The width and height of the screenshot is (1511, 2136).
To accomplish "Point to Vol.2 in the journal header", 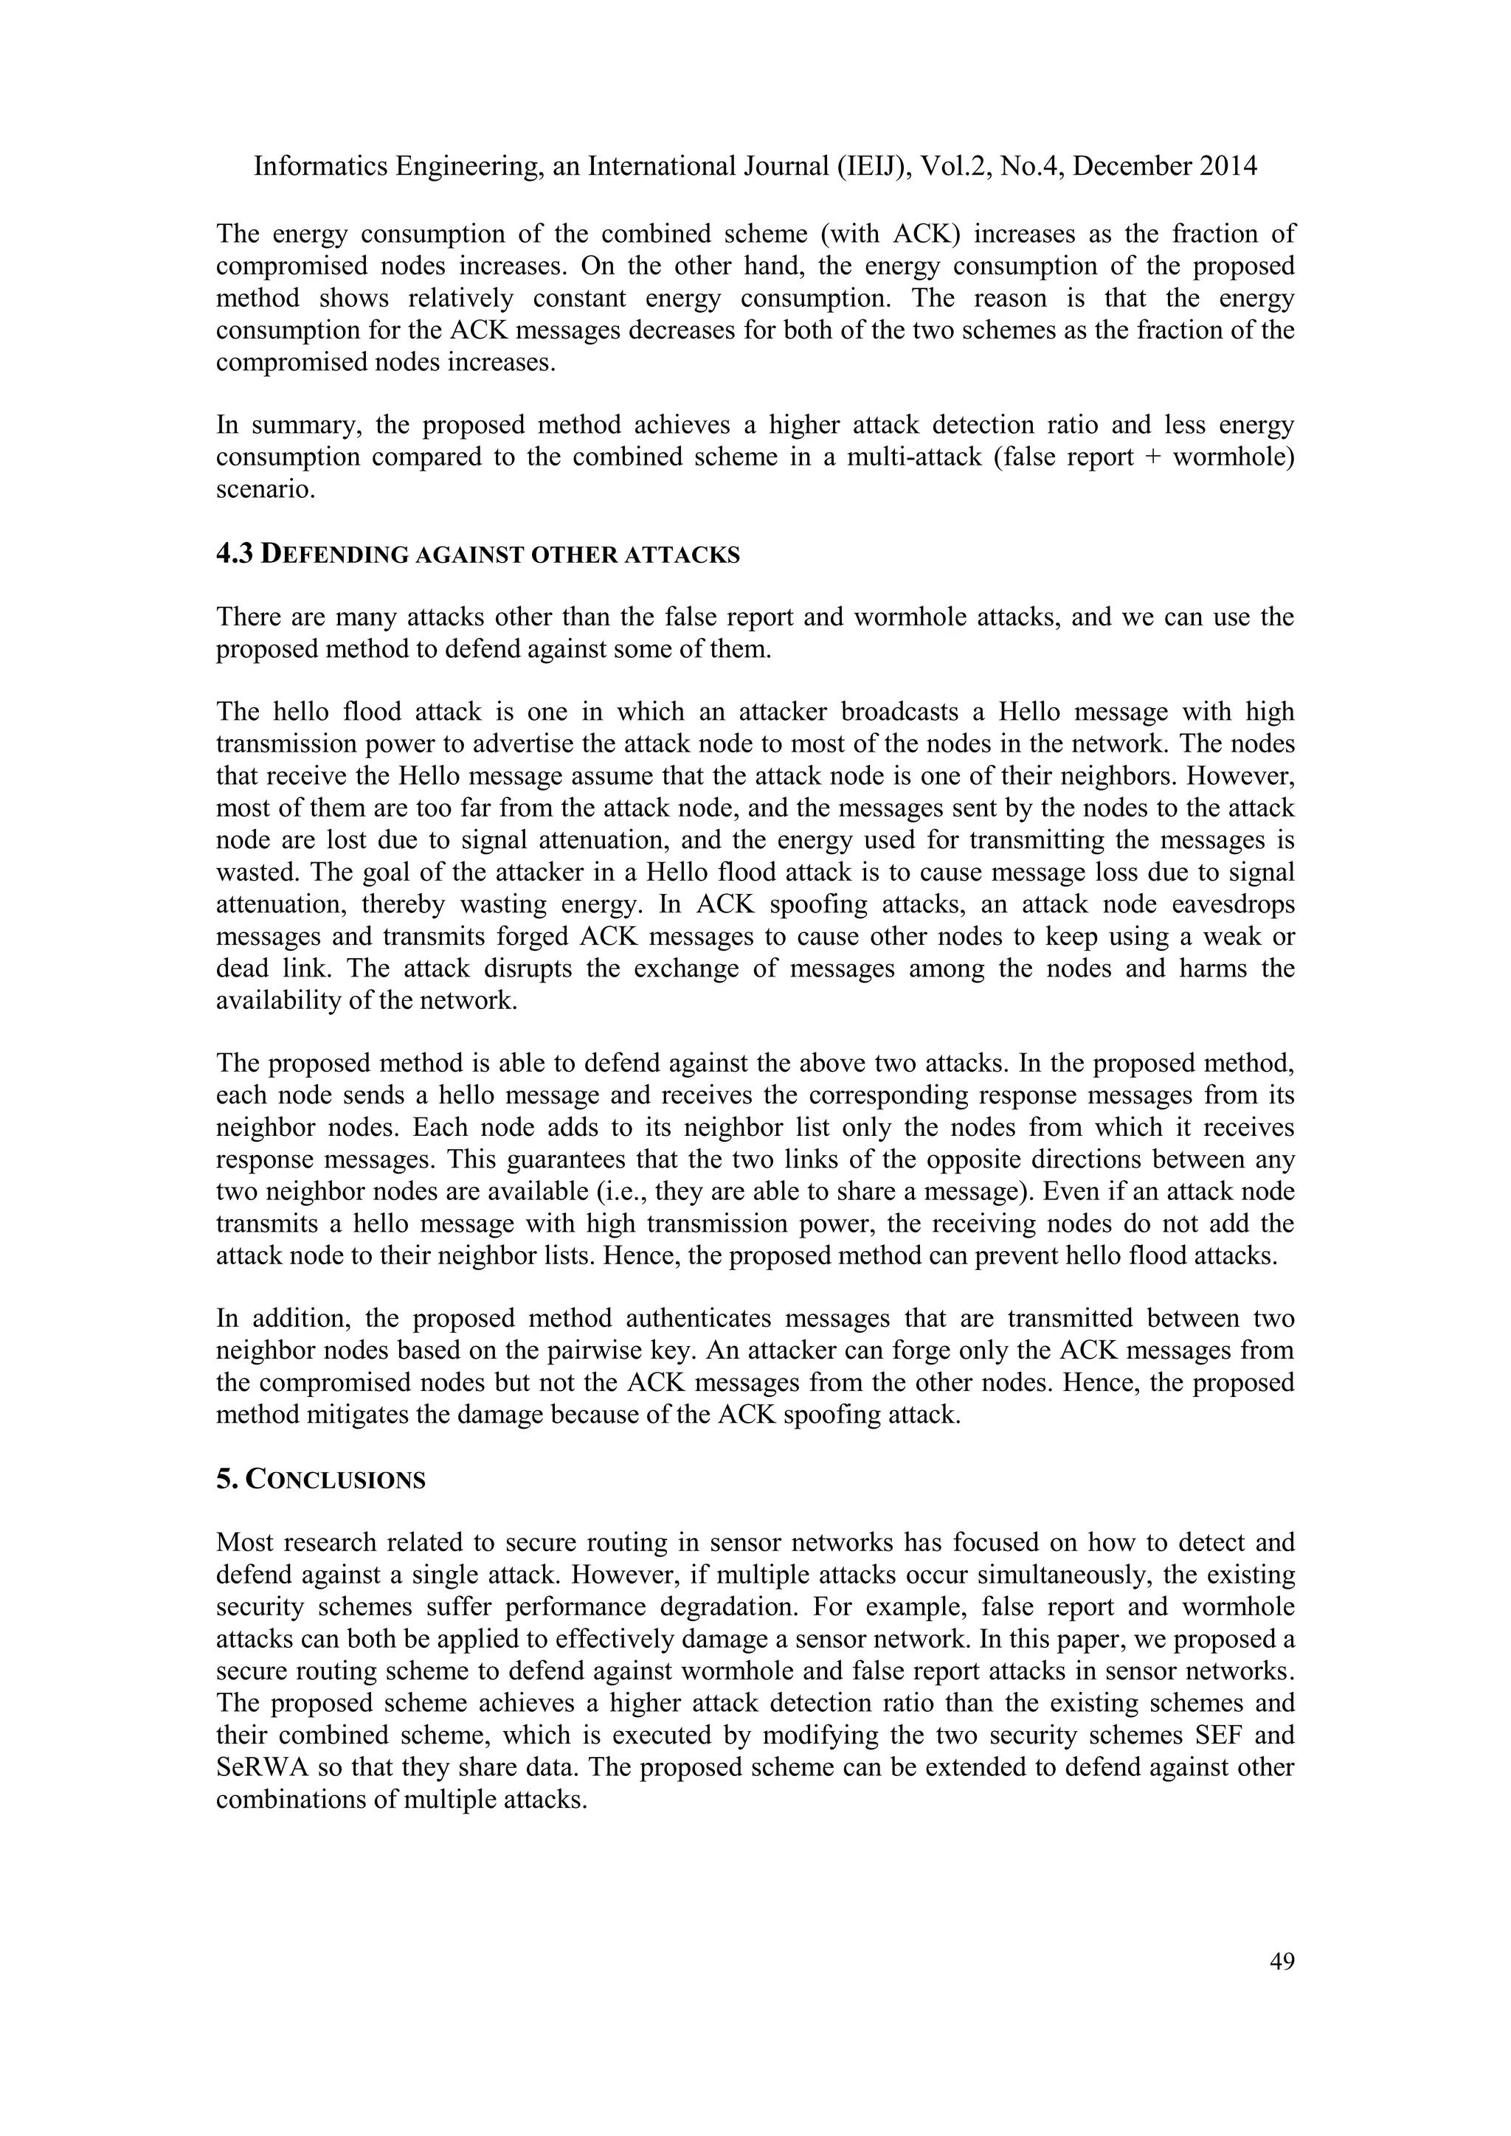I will (x=955, y=167).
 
